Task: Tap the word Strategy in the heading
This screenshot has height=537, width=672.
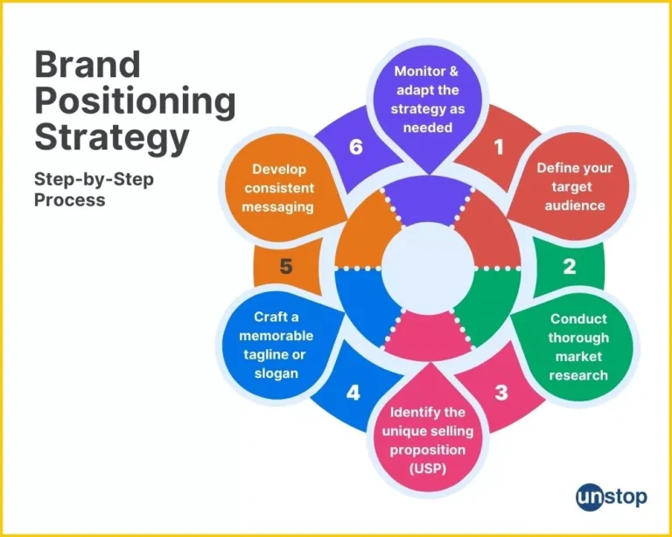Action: coord(111,139)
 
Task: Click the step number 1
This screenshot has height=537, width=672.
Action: coord(499,148)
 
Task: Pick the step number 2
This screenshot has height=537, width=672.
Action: coord(569,267)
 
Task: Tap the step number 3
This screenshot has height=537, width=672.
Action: coord(500,391)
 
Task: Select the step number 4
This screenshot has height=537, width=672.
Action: coord(353,393)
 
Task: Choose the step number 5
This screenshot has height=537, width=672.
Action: coord(285,267)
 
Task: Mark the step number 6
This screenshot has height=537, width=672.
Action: coord(355,147)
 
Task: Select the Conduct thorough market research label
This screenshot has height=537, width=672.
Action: coord(578,346)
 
